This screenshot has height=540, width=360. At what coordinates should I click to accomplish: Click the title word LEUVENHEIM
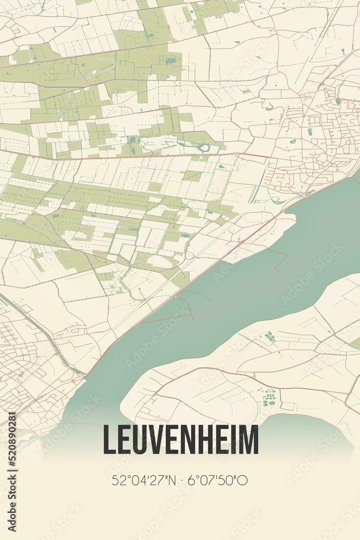point(180,441)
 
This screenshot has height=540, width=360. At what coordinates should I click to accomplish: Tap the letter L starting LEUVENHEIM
point(108,441)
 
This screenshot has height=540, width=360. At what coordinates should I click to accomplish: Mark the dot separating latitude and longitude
point(180,480)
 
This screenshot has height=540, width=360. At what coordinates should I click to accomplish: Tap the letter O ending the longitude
point(243,480)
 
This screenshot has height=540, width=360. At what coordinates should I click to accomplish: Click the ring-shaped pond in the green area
point(205,147)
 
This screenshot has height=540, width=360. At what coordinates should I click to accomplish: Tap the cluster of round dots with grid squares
point(269,399)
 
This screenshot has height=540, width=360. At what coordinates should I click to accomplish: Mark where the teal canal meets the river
point(84,374)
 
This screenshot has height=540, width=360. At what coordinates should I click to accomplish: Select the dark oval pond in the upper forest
point(172,60)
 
